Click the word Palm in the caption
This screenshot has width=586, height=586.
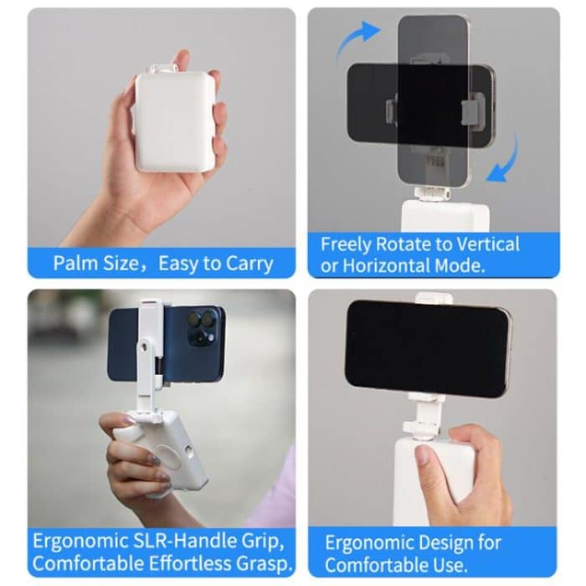[73, 264]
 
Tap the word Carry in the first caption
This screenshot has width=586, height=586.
[249, 264]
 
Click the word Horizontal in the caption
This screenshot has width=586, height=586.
[393, 266]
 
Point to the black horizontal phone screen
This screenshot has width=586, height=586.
[427, 347]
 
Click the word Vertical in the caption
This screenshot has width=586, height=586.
[488, 244]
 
